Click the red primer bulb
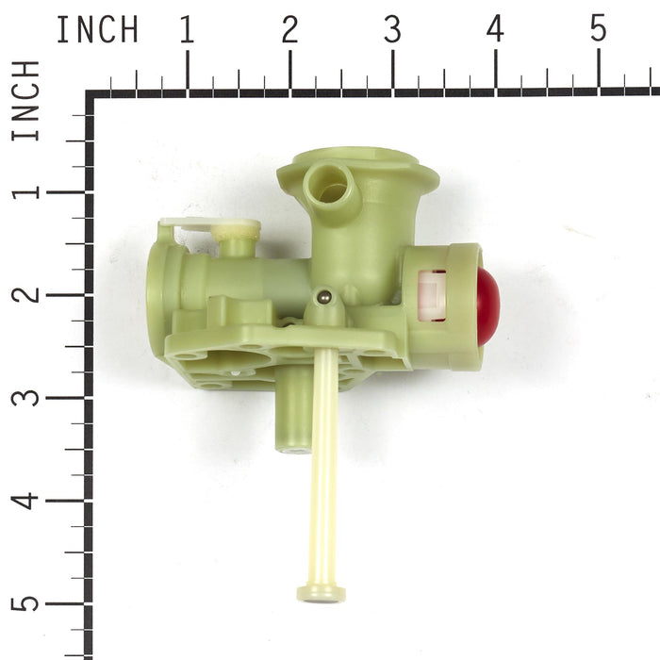[488, 306]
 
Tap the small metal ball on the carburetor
[325, 297]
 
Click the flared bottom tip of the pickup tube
[322, 594]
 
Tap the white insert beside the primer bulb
[432, 296]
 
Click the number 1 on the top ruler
[188, 29]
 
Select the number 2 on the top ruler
[290, 29]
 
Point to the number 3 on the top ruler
[392, 29]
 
